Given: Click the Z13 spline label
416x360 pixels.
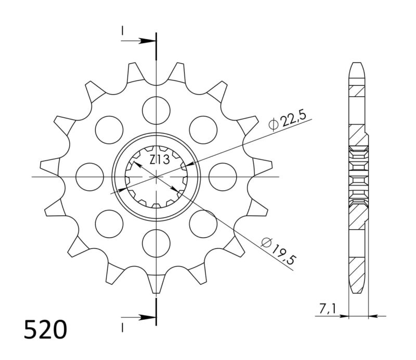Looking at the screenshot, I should click(x=158, y=160).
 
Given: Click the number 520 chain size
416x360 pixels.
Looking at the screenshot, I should click(x=45, y=330).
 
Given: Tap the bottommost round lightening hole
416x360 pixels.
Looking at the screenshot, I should click(x=156, y=244).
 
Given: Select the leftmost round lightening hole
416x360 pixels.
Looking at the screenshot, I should click(x=89, y=177).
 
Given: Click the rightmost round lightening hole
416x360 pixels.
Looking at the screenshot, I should click(x=223, y=177).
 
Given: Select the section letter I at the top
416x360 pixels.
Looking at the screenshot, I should click(x=123, y=32).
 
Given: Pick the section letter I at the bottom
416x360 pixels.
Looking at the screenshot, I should click(x=123, y=326).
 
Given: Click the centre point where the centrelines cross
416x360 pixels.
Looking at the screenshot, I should click(x=156, y=177).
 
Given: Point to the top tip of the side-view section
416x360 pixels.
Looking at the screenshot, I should click(x=357, y=64).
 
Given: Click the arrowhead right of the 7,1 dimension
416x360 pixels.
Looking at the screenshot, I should click(x=373, y=315).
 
